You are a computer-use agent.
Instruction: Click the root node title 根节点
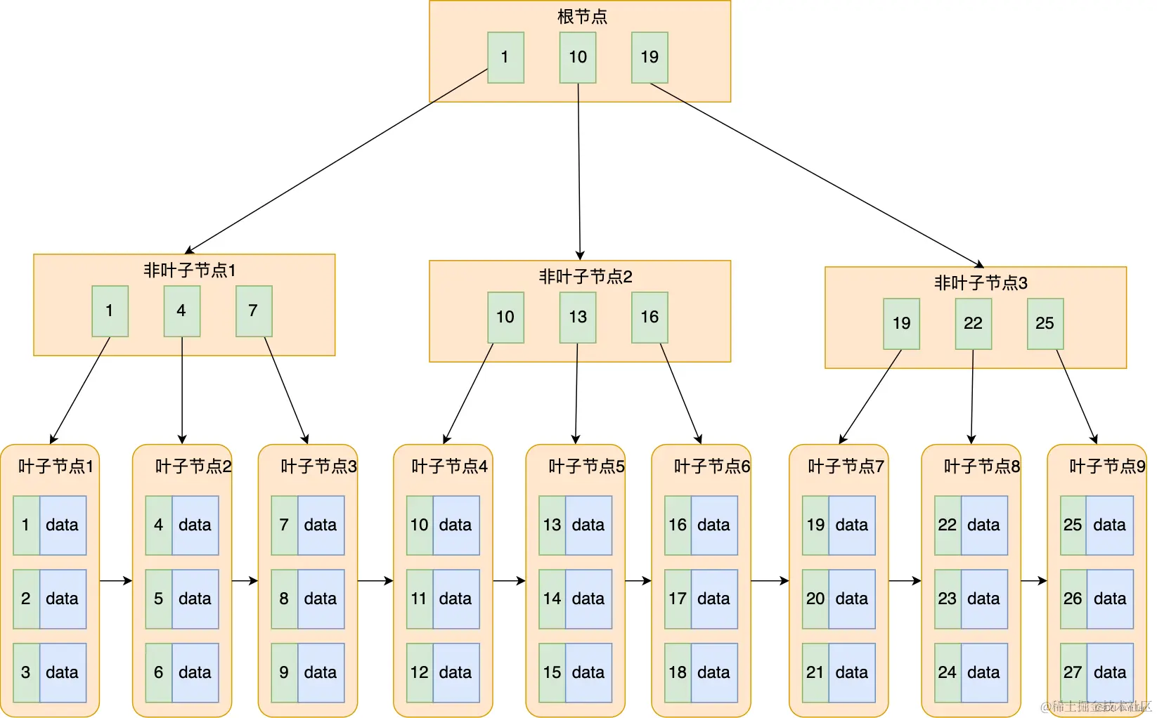581,16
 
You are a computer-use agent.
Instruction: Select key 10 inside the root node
578,58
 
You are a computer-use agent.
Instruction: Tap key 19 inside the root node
649,58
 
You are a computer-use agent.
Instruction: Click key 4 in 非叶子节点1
181,311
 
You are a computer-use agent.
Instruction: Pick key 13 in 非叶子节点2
578,317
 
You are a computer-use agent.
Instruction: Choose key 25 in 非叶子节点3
1045,323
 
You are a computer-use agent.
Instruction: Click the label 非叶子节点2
585,277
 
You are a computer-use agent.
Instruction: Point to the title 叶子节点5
586,466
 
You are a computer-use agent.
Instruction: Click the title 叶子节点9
1107,466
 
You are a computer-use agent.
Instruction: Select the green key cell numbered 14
552,599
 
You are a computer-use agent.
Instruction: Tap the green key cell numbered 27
1073,672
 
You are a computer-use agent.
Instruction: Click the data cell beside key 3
63,672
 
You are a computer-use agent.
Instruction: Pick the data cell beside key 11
455,599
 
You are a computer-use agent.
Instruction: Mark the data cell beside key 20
852,599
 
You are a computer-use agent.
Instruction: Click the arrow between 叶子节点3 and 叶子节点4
375,581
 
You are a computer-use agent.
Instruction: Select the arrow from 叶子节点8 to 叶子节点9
1034,581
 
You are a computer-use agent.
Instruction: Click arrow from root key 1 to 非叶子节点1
336,161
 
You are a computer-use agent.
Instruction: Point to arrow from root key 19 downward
815,174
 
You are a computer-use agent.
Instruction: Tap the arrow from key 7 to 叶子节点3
286,390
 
